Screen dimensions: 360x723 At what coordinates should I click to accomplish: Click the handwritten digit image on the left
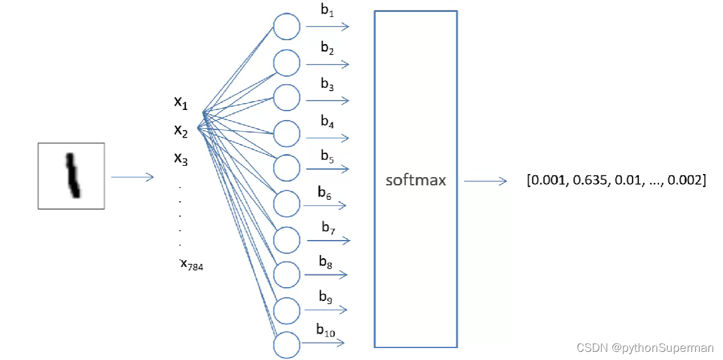click(71, 176)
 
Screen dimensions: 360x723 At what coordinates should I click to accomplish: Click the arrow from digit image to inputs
click(132, 177)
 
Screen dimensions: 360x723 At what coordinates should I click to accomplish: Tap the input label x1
click(181, 102)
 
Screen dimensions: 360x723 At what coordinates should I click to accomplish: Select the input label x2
click(181, 131)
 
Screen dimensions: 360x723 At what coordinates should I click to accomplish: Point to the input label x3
click(181, 158)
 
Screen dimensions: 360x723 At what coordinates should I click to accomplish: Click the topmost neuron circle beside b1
click(287, 27)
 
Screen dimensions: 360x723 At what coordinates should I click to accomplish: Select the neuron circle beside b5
click(287, 168)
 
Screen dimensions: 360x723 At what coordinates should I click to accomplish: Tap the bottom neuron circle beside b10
click(287, 344)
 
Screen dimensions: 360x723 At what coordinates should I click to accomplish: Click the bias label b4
click(327, 121)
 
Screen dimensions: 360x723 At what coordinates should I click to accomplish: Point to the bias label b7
click(328, 227)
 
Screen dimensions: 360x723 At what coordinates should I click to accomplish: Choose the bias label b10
click(326, 329)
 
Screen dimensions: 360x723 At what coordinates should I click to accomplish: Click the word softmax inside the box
click(416, 180)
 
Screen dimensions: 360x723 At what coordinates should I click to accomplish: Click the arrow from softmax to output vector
click(485, 181)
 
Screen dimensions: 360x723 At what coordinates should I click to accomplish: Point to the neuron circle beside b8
click(287, 274)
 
